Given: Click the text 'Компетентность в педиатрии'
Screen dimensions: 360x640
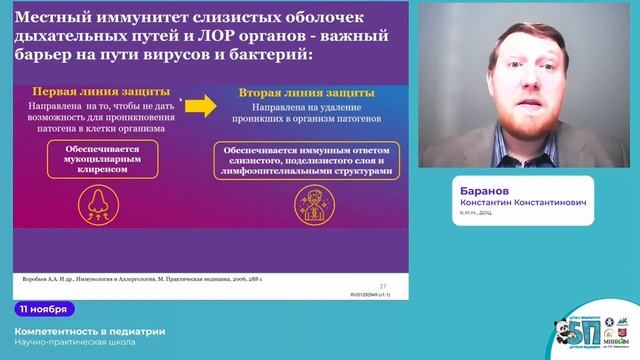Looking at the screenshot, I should coord(91,331).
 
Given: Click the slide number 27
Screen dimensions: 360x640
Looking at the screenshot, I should coord(383,285).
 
